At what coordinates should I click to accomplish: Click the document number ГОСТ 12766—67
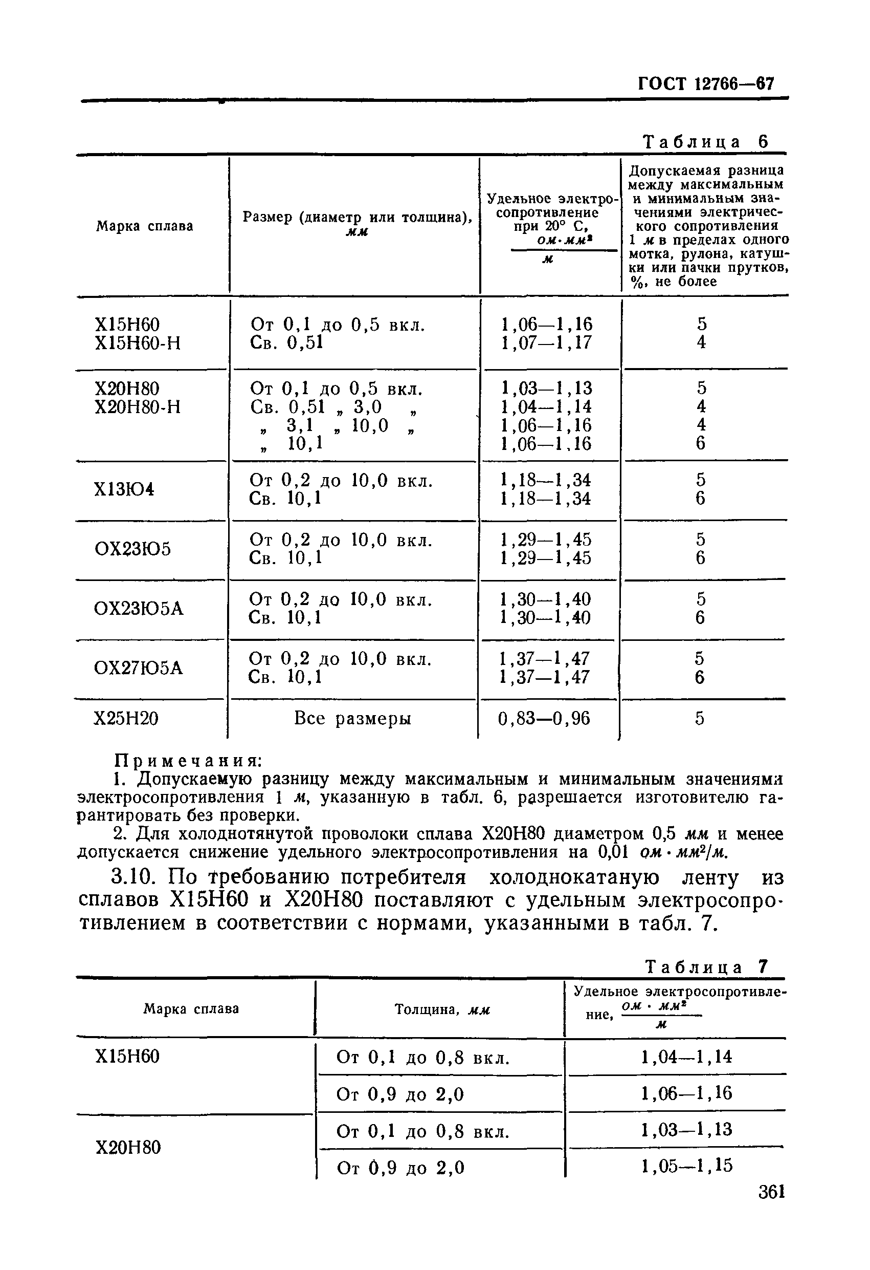pos(706,83)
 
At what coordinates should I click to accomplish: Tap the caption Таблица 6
pos(706,142)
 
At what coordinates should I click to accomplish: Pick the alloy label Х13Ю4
pos(124,489)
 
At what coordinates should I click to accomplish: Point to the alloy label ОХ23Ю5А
pos(139,608)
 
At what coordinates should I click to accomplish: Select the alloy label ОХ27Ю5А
pos(138,668)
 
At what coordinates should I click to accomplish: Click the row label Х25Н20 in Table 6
pos(126,718)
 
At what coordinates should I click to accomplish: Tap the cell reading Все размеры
pos(352,718)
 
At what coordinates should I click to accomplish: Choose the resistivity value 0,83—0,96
pos(544,718)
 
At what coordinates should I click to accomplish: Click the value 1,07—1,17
pos(546,343)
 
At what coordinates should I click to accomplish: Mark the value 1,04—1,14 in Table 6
pos(546,406)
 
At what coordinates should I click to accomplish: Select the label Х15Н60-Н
pos(137,343)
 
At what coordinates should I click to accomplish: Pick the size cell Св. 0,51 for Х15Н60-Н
pos(287,343)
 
